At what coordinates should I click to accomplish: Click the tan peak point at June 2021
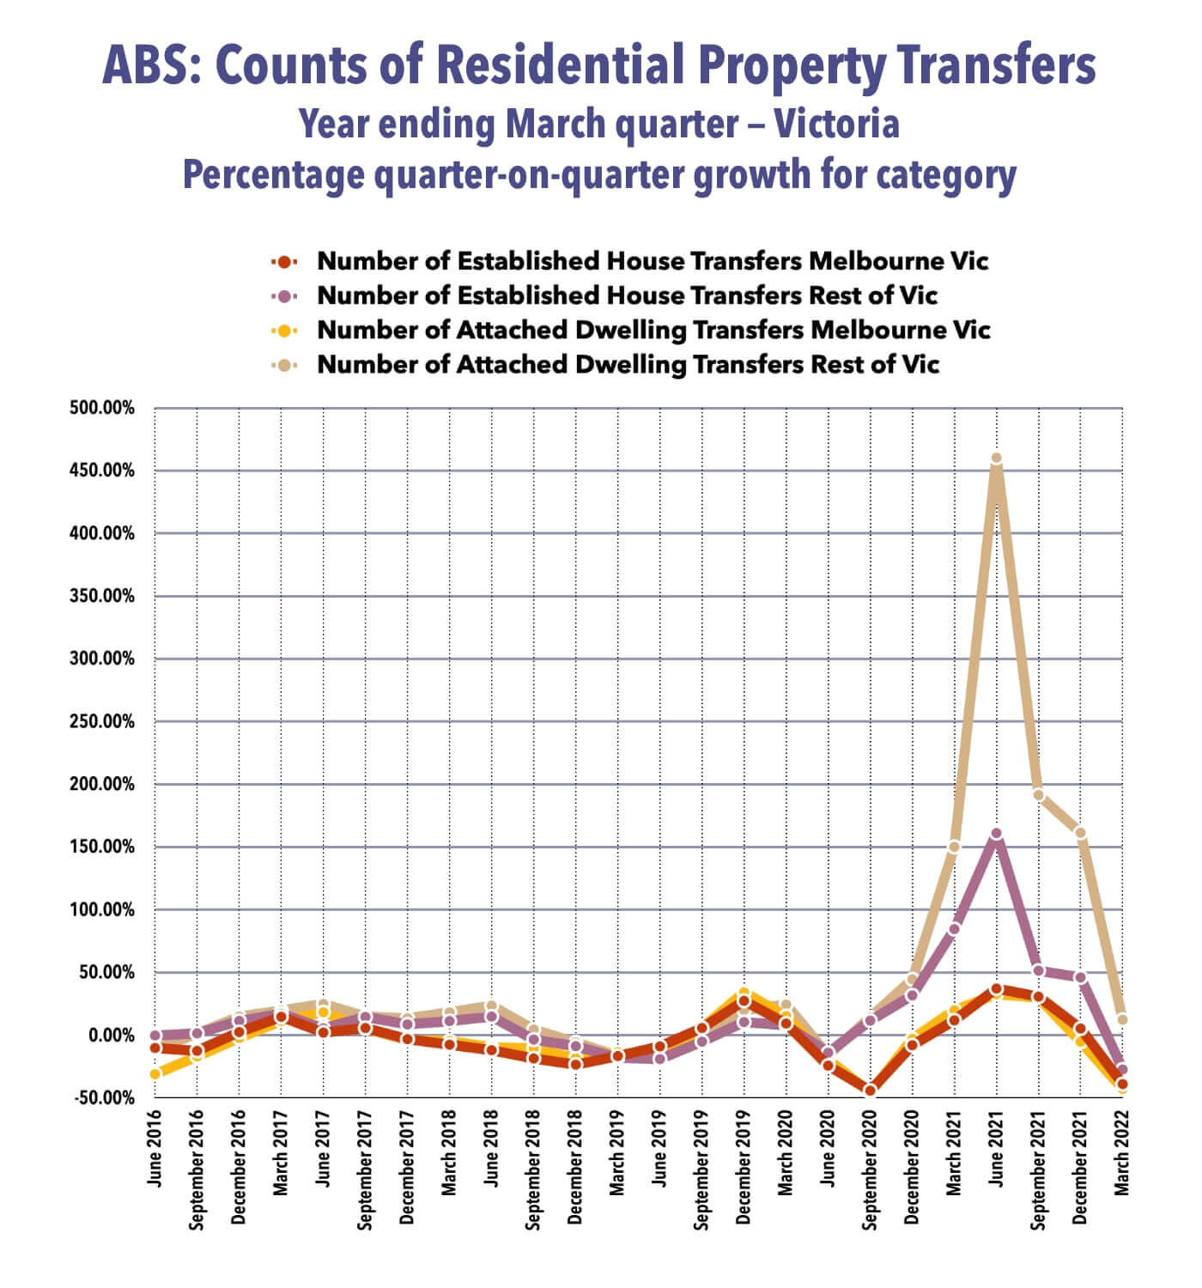996,459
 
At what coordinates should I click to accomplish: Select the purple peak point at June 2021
996,834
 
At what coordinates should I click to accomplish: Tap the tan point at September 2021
1038,795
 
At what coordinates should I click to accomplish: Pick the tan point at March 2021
954,847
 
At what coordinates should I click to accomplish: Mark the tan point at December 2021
1080,833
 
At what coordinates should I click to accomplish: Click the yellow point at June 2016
155,1074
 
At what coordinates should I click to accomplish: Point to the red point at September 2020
870,1091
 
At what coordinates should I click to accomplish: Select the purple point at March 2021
954,929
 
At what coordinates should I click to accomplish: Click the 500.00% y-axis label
102,408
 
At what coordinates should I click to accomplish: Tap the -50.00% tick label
102,1098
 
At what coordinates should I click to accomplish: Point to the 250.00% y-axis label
102,722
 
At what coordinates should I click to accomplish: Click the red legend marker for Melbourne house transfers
283,261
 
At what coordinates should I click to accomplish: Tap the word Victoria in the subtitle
836,124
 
